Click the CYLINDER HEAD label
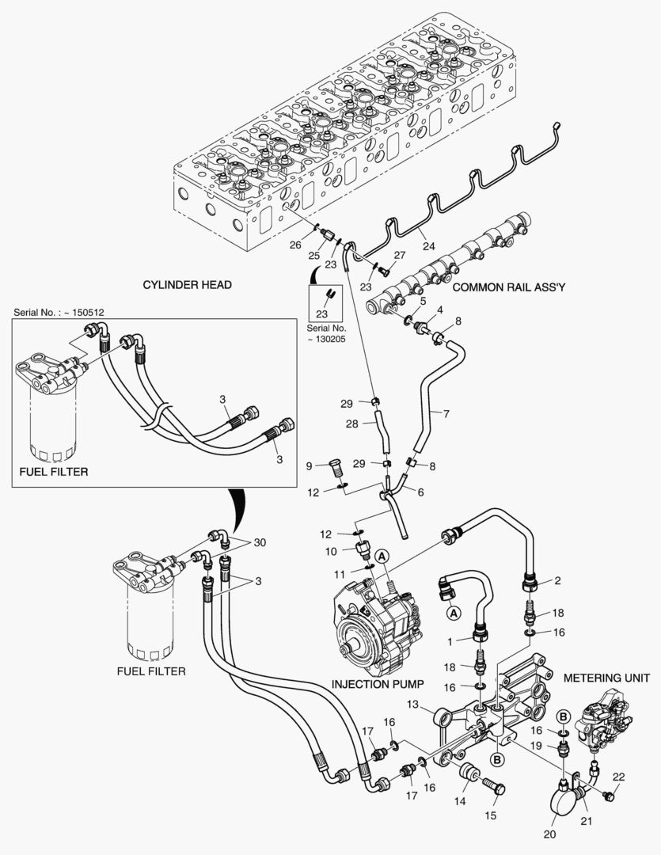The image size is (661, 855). pos(187,285)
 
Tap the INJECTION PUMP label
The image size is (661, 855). pos(378,683)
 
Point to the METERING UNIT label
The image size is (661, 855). pos(606,678)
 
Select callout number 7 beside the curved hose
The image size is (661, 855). pos(446,413)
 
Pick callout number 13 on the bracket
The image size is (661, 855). pos(413,705)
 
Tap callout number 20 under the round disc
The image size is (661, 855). pos(549,834)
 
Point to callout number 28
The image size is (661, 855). pos(351,424)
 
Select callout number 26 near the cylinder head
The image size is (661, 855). pos(295,245)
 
